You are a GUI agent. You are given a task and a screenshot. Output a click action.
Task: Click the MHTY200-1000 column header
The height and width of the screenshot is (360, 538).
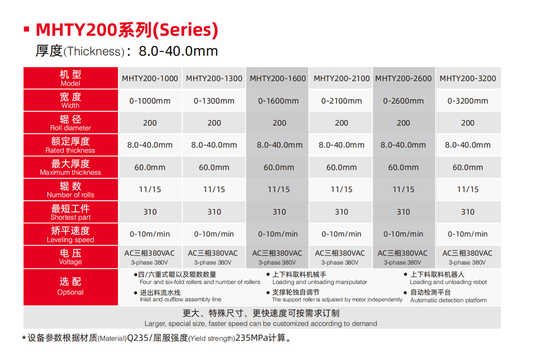click(150, 79)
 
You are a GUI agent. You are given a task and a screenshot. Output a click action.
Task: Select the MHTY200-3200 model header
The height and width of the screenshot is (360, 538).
click(468, 79)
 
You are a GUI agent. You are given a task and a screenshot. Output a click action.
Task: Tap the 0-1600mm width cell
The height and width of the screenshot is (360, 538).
click(278, 101)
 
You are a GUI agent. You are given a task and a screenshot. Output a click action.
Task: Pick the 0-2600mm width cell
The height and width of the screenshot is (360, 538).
click(403, 101)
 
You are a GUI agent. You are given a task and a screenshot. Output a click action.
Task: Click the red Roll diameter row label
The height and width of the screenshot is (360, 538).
click(70, 123)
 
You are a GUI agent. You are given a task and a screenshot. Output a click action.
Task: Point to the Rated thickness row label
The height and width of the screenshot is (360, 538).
click(70, 145)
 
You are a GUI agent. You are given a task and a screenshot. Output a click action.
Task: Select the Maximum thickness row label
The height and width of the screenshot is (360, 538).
click(70, 167)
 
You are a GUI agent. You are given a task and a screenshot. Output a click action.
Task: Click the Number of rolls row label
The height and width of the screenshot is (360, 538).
click(70, 190)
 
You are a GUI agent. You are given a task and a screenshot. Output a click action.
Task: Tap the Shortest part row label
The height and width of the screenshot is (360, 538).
click(70, 212)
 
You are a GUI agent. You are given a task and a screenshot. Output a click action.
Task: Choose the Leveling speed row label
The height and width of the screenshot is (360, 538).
click(70, 235)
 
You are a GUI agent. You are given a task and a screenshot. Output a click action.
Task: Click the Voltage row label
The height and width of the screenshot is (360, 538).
click(70, 257)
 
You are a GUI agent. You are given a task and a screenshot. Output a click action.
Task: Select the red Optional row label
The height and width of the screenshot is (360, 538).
click(70, 286)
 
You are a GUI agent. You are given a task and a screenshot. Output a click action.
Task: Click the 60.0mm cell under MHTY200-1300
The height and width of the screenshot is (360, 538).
click(214, 167)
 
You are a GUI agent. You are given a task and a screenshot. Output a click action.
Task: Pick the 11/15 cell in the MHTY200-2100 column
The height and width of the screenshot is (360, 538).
click(342, 189)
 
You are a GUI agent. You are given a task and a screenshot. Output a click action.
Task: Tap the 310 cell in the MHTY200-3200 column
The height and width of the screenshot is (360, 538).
click(468, 212)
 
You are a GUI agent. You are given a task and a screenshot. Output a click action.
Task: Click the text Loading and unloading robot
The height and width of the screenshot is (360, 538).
click(448, 282)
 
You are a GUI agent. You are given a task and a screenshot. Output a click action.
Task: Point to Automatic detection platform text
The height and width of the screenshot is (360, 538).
click(448, 300)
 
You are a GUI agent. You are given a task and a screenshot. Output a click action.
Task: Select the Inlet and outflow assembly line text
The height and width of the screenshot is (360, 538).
click(180, 299)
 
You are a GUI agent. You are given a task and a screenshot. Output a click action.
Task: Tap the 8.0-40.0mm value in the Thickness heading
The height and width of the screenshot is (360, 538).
click(178, 52)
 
